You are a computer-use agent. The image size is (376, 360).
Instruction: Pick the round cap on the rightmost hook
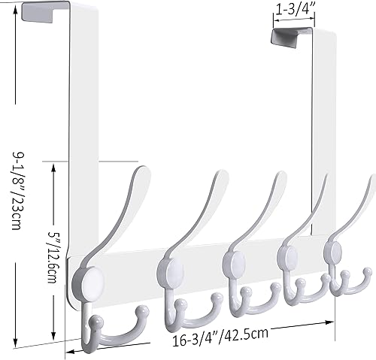[x=335, y=251]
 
